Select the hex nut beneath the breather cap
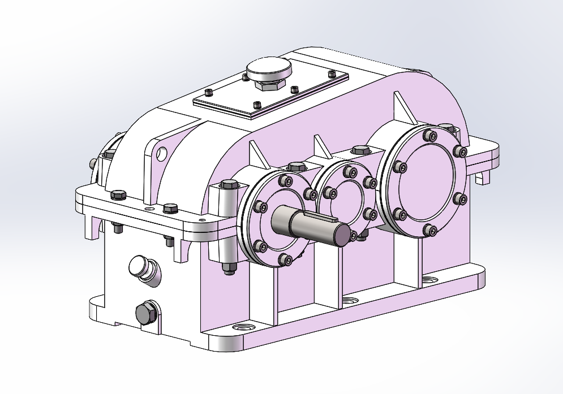267,85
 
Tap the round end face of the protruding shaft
342,235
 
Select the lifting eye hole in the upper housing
162,153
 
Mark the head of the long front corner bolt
229,184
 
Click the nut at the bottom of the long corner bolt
229,268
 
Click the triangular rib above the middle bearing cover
322,148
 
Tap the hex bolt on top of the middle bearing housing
360,150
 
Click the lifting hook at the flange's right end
482,177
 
